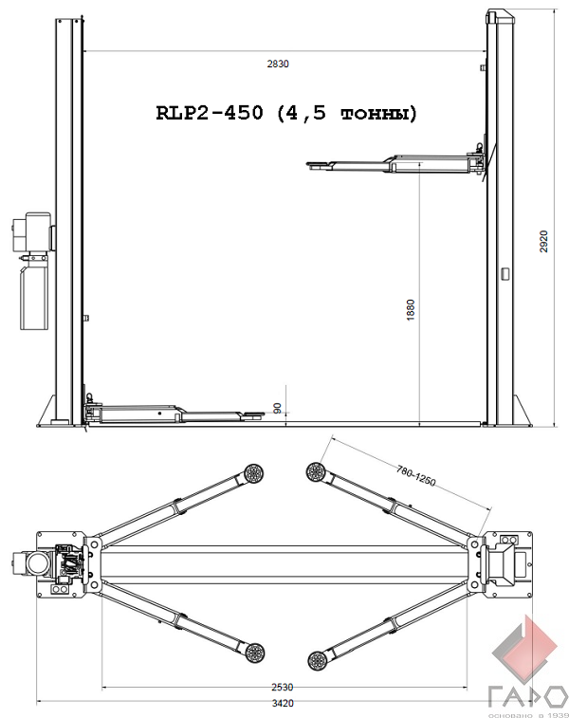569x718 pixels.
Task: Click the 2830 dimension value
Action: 278,64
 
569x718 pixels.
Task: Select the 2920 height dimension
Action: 543,241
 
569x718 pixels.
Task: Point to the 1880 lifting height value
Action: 411,309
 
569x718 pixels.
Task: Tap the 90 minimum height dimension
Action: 278,409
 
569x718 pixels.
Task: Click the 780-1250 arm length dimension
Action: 415,475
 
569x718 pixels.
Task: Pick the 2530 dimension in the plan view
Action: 282,687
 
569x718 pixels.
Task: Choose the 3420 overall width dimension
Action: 283,703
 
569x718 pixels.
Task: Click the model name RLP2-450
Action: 211,112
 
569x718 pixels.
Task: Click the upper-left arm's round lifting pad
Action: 254,472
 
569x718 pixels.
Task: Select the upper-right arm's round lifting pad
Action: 316,470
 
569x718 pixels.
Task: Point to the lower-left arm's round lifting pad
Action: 254,652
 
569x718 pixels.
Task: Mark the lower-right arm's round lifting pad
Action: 317,660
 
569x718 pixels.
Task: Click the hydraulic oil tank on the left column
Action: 33,297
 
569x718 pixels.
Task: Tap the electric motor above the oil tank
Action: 33,231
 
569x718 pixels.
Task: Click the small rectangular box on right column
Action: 505,273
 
